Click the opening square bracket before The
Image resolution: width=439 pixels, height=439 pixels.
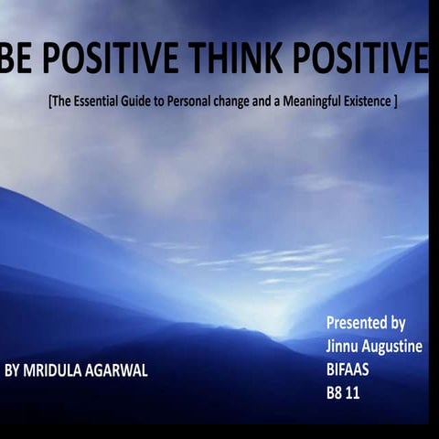pos(49,102)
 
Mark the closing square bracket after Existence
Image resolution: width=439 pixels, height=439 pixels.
pos(394,102)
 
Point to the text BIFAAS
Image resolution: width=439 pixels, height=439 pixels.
pos(348,371)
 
